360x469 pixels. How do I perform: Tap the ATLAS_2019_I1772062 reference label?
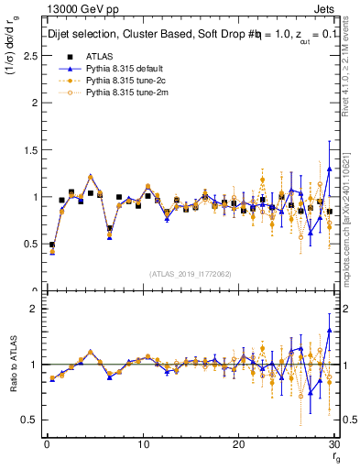[x=190, y=274]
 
